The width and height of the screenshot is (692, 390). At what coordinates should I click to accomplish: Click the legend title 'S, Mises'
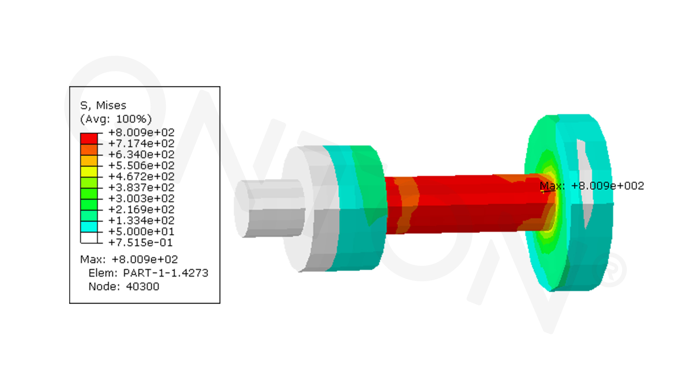pyautogui.click(x=103, y=105)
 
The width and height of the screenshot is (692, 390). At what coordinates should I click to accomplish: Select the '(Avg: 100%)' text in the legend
pyautogui.click(x=116, y=119)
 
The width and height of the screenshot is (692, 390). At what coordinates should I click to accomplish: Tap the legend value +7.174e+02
pyautogui.click(x=141, y=143)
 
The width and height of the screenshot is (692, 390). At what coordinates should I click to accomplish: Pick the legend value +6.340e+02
pyautogui.click(x=141, y=154)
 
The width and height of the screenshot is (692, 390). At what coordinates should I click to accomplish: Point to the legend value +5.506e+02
pyautogui.click(x=141, y=165)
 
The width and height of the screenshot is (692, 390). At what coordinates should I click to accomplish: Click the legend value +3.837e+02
pyautogui.click(x=141, y=187)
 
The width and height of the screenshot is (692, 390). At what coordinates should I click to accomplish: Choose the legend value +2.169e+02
pyautogui.click(x=141, y=209)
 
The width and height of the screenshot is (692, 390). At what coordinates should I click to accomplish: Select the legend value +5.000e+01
pyautogui.click(x=141, y=232)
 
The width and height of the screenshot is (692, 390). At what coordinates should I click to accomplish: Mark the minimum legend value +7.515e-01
pyautogui.click(x=140, y=243)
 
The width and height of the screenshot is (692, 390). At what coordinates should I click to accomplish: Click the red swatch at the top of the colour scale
pyautogui.click(x=89, y=139)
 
